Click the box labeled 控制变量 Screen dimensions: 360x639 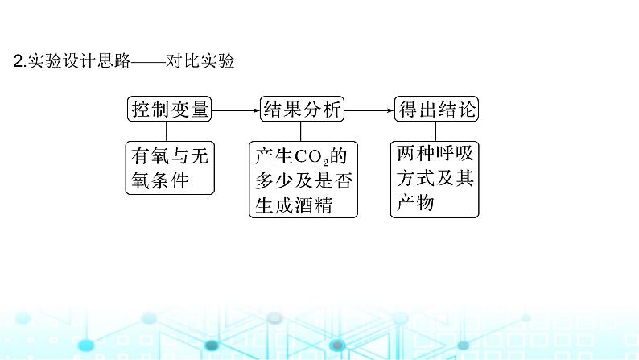click(170, 109)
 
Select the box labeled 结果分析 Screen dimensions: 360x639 click(302, 109)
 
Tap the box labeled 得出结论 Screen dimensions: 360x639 click(435, 109)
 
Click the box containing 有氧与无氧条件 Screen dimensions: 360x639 click(170, 168)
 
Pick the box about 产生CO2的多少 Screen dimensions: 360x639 click(302, 179)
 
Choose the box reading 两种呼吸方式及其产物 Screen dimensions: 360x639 click(435, 179)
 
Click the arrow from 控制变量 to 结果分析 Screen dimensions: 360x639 click(235, 109)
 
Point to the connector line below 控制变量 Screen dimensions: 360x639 click(167, 131)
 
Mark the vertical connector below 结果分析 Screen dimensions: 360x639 click(300, 131)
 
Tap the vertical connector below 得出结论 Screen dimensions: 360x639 click(435, 131)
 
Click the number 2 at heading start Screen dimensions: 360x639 click(19, 61)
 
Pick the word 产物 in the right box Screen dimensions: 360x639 click(417, 203)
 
